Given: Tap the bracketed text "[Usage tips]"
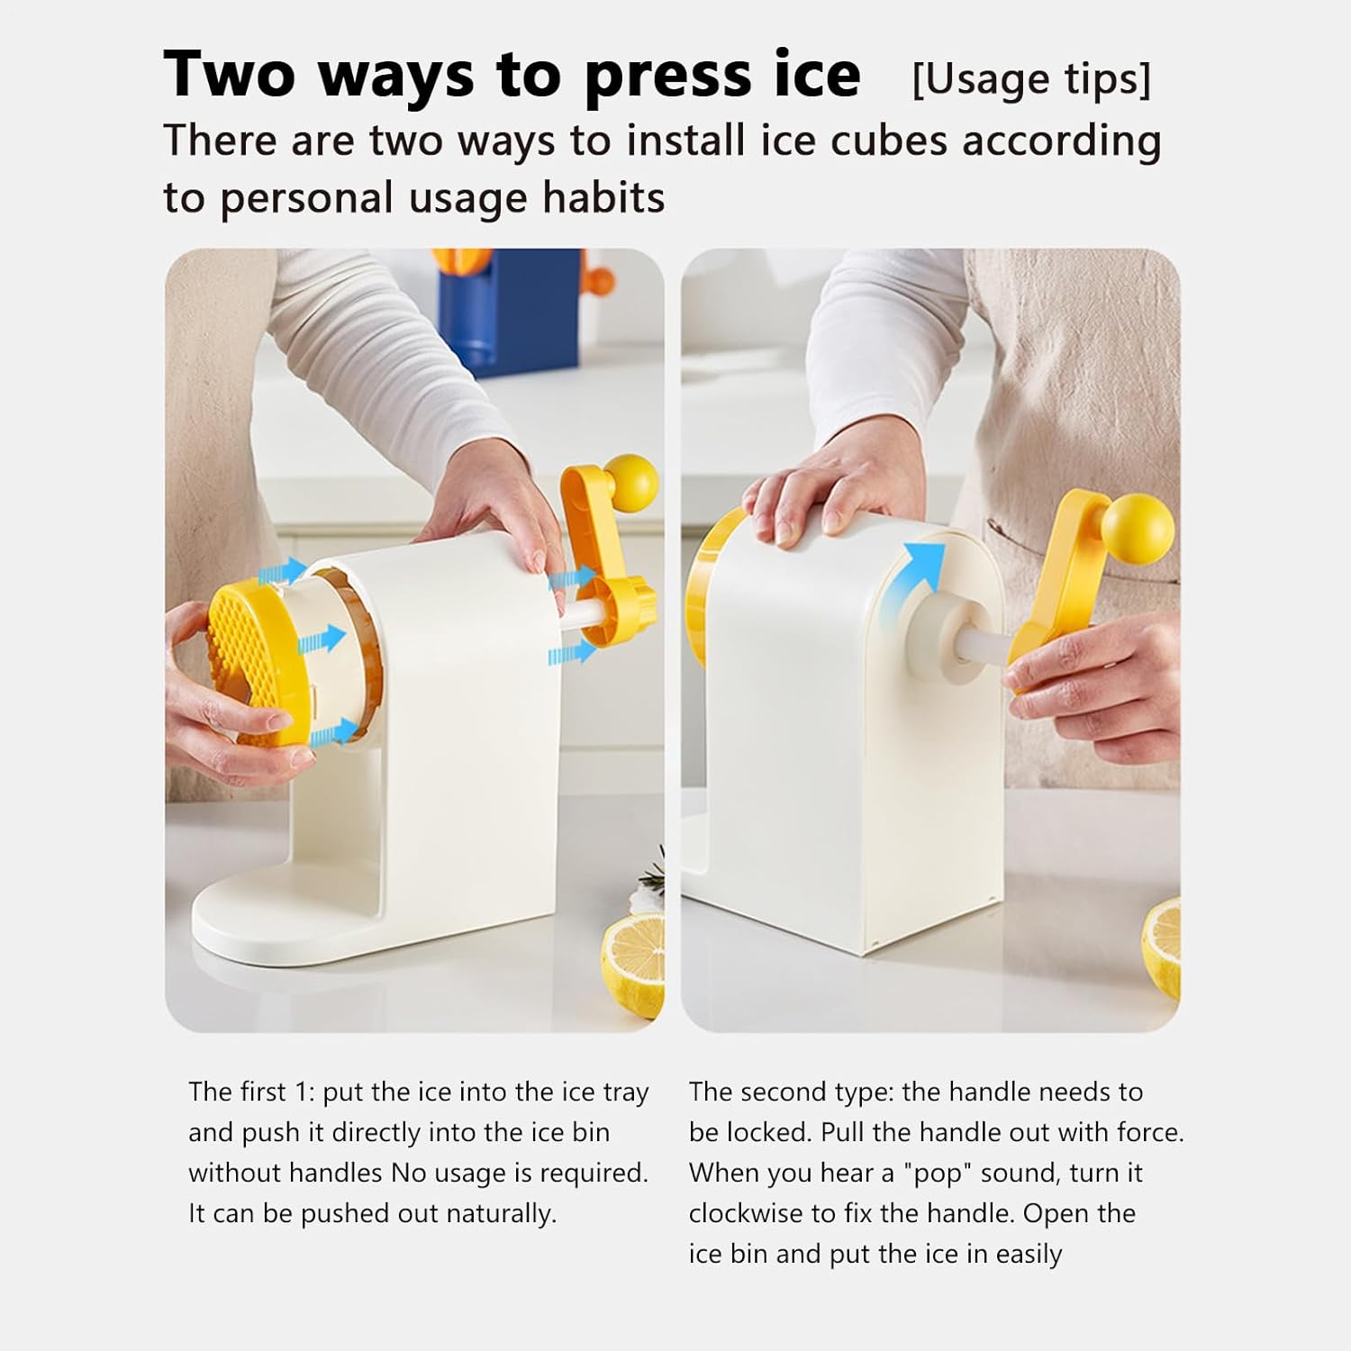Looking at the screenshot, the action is point(1031,79).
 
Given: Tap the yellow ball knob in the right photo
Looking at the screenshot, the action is point(1138,529).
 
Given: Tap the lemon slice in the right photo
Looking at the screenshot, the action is point(1162,946).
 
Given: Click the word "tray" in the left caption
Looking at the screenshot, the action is point(626,1093).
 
